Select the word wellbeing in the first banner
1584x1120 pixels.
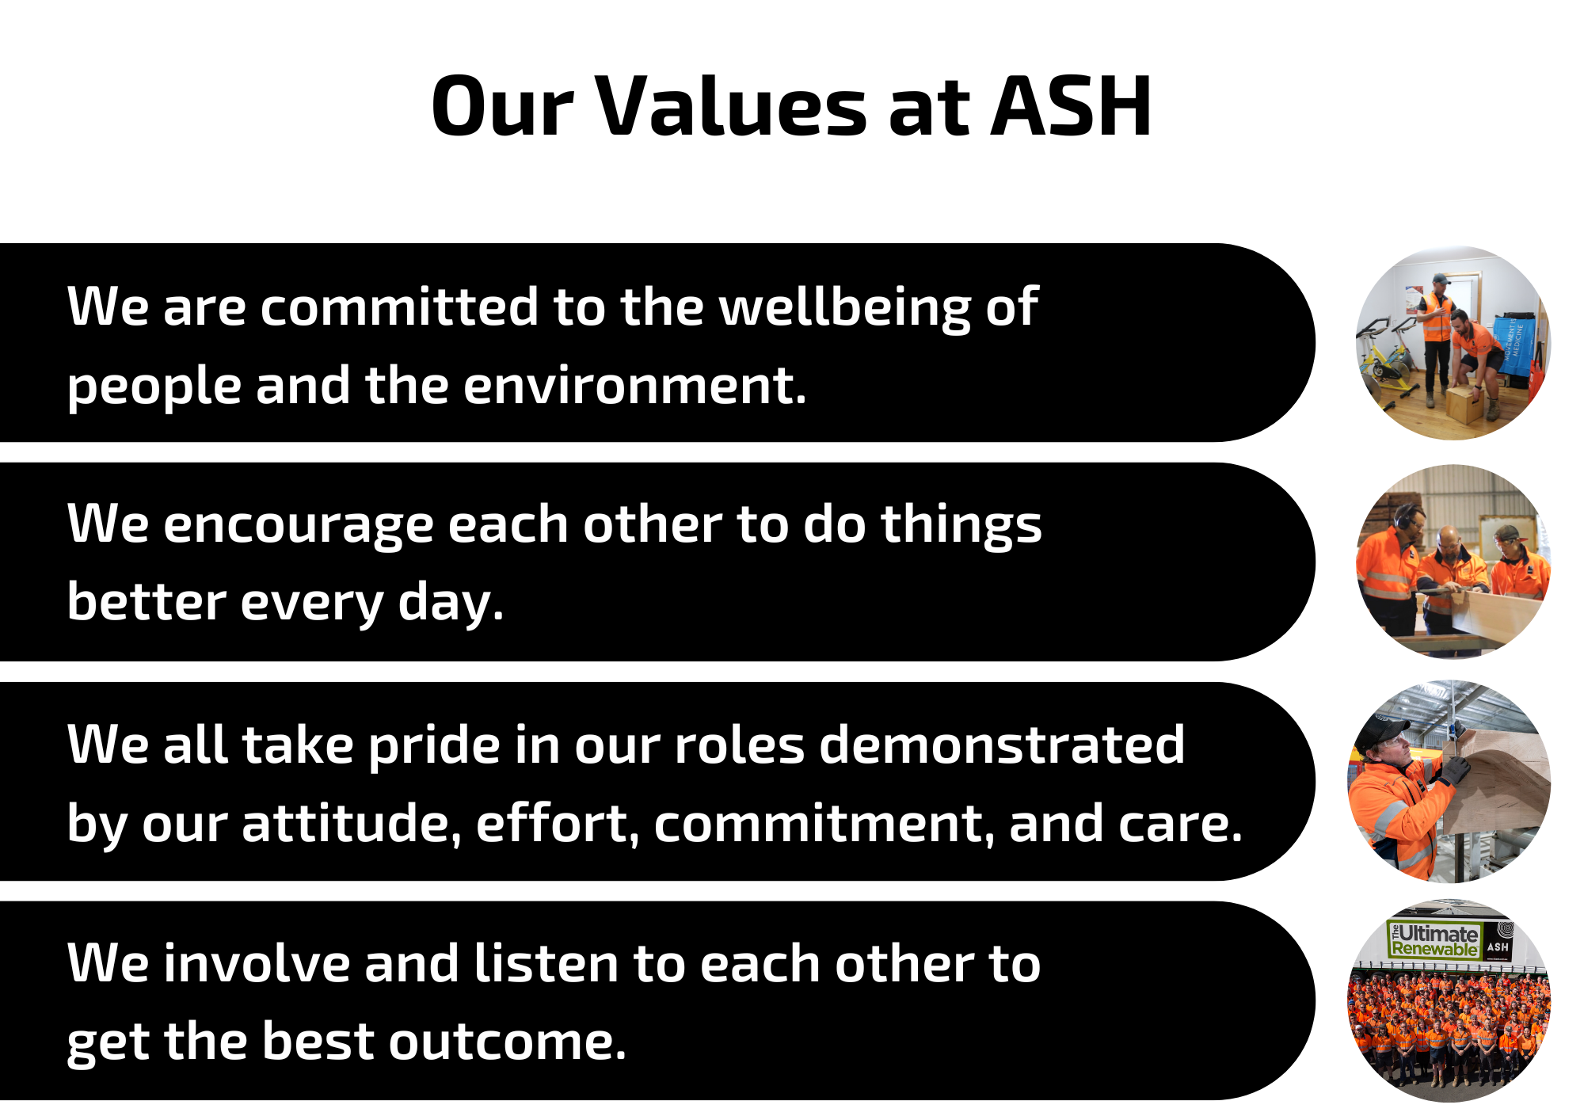point(844,307)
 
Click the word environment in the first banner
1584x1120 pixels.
point(634,386)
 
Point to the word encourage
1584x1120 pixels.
point(299,527)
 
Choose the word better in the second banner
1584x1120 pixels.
point(147,601)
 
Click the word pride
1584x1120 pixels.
point(433,747)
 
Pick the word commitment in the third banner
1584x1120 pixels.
point(824,824)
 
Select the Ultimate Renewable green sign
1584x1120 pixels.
point(1434,941)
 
